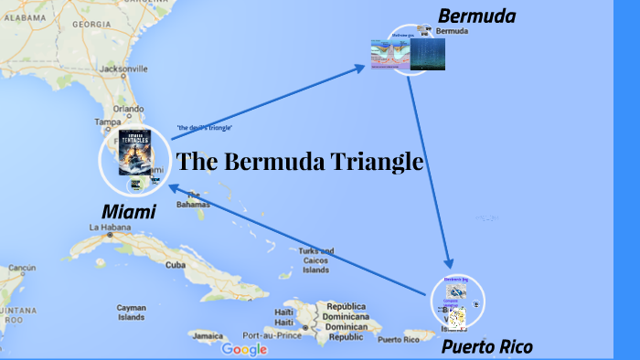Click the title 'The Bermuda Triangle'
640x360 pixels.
pyautogui.click(x=300, y=162)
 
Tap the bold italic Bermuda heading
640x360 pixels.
pyautogui.click(x=476, y=16)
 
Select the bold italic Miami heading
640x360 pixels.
pyautogui.click(x=128, y=211)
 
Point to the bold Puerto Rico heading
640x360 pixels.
pyautogui.click(x=486, y=346)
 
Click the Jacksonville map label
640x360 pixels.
pyautogui.click(x=103, y=69)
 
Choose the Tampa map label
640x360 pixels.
pyautogui.click(x=108, y=121)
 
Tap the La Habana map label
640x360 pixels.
pyautogui.click(x=109, y=227)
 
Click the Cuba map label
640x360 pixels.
pyautogui.click(x=176, y=265)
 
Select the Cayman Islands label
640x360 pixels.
pyautogui.click(x=131, y=313)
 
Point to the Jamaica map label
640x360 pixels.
pyautogui.click(x=208, y=335)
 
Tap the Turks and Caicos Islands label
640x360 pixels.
pyautogui.click(x=315, y=260)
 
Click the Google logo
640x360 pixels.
pyautogui.click(x=244, y=349)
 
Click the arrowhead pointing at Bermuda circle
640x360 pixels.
pyautogui.click(x=359, y=67)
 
